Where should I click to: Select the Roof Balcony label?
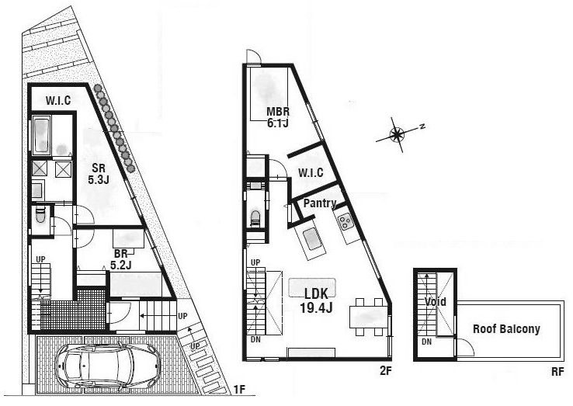(x=506, y=328)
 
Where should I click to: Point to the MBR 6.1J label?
(x=278, y=116)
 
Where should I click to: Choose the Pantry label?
(x=319, y=204)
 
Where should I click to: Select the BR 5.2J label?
(x=120, y=259)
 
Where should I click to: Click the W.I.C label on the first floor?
(x=57, y=100)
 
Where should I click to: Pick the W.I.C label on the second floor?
(x=311, y=172)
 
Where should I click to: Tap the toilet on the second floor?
(x=255, y=217)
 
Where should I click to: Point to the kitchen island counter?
(x=313, y=241)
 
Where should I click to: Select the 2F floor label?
(x=385, y=371)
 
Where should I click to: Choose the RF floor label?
(x=557, y=371)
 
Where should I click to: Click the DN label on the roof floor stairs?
(x=426, y=342)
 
